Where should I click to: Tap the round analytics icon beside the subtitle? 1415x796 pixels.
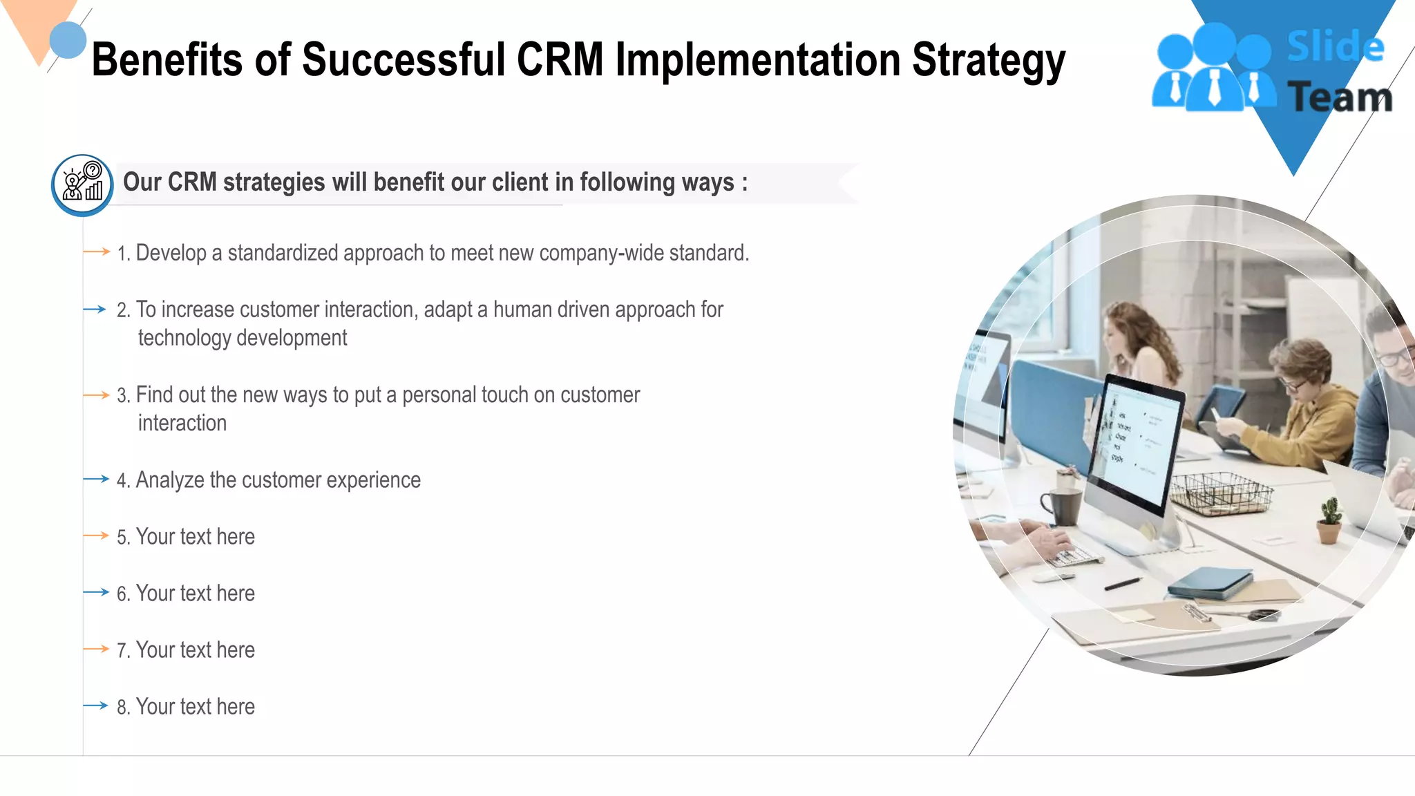pos(82,184)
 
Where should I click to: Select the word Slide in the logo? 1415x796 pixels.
pos(1335,47)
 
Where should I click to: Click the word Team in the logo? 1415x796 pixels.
pos(1340,97)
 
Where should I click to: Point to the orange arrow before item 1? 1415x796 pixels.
pos(96,252)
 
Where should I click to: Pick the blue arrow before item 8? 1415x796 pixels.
pos(95,705)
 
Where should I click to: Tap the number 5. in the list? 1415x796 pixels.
pos(123,538)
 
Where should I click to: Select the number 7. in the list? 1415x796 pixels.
pos(123,651)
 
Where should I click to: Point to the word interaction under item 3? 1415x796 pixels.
pos(182,423)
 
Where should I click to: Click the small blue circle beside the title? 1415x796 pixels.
pos(68,40)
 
